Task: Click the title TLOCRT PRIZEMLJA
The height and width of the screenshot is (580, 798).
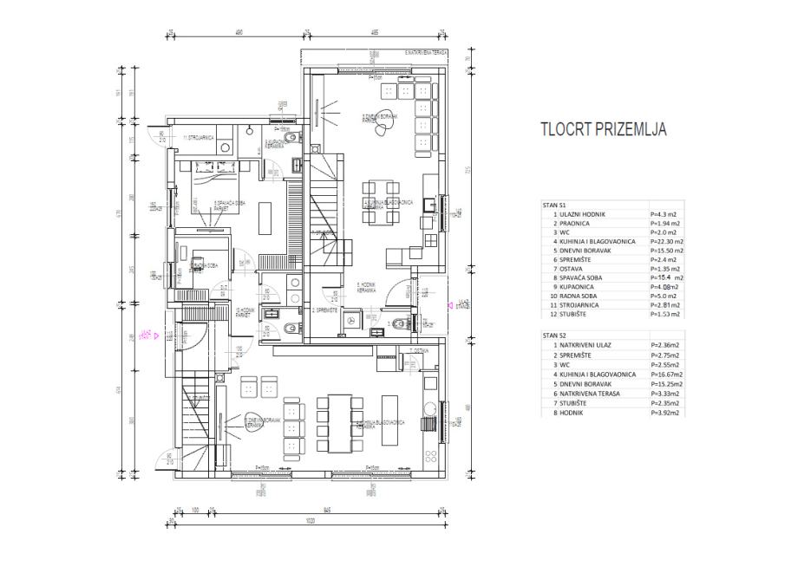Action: (x=603, y=130)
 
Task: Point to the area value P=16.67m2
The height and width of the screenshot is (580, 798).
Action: (x=665, y=375)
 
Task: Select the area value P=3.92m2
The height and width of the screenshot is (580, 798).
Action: (x=664, y=413)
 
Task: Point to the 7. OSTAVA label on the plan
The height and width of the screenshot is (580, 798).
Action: (x=419, y=350)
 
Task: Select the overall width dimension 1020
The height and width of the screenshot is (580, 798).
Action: (x=309, y=523)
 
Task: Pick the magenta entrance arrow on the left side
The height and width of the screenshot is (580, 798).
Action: (x=147, y=332)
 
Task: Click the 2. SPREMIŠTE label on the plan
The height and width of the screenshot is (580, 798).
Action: (x=325, y=310)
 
